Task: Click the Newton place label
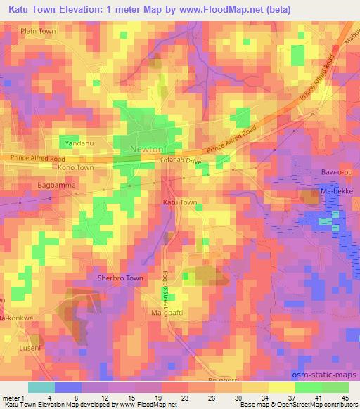tap(147, 149)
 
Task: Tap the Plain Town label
tap(38, 32)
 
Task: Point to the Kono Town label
tap(76, 169)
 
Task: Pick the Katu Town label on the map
tap(180, 202)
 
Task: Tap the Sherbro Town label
tap(120, 278)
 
